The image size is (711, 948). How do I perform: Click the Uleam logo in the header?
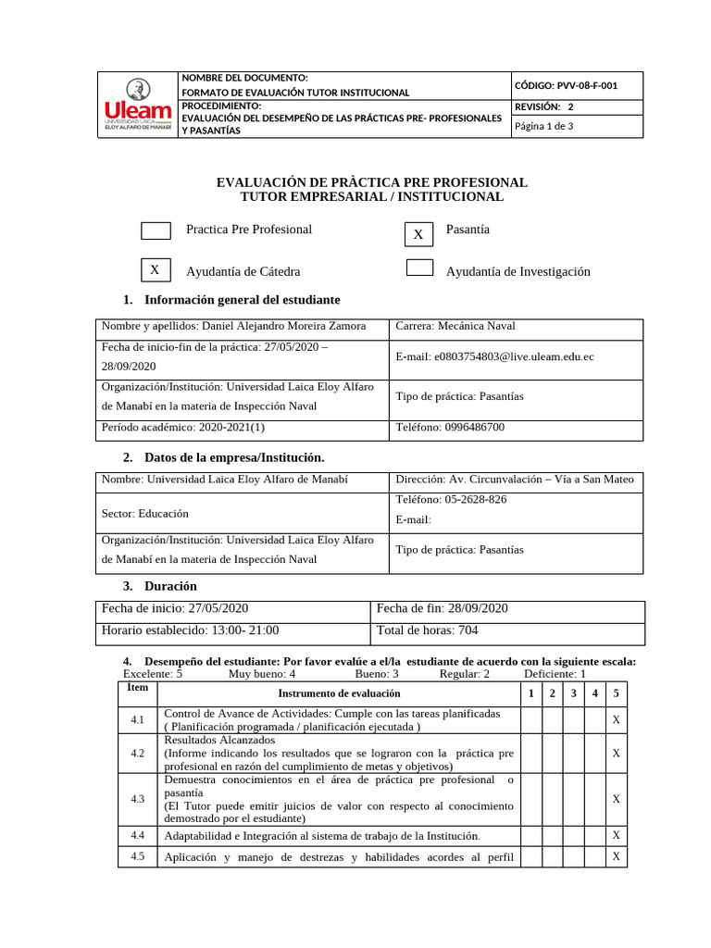pos(138,104)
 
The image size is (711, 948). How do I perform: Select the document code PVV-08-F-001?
pos(566,85)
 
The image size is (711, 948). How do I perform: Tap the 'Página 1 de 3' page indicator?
pos(543,127)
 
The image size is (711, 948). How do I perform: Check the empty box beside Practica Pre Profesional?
pos(156,230)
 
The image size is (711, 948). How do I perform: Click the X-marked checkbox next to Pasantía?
pos(418,235)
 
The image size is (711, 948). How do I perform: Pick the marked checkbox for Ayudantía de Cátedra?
pos(155,270)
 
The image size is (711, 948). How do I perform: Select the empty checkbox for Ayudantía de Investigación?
pos(420,268)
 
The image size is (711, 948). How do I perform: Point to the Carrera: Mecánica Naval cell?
pos(455,327)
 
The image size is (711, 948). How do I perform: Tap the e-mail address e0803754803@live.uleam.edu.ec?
pos(494,356)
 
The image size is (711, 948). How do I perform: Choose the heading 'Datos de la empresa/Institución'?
pos(234,458)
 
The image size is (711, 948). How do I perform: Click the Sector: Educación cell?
pos(144,513)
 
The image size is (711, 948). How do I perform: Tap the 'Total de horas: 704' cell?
pos(427,630)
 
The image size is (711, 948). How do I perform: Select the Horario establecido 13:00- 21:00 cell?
pos(190,630)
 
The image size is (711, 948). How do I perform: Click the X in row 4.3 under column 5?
pos(616,799)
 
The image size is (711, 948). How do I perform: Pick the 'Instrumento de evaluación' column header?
pos(339,693)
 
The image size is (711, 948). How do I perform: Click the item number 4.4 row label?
pos(138,836)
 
